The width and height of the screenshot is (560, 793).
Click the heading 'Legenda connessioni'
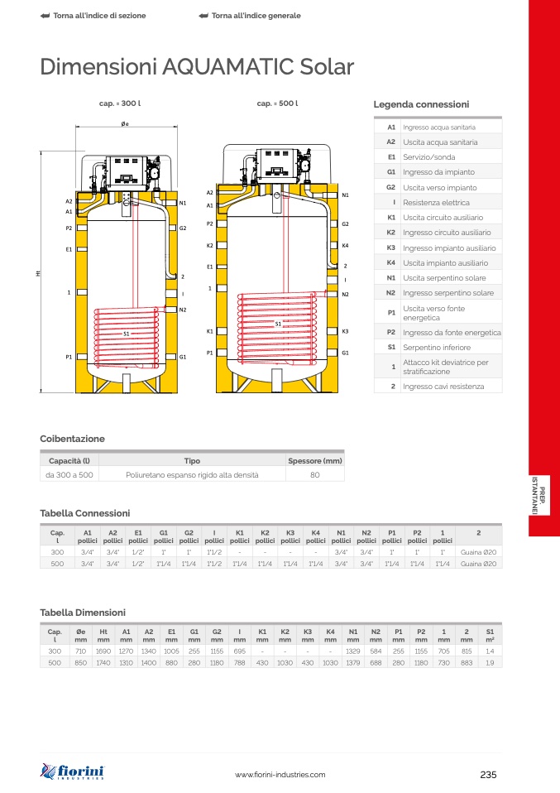tap(421, 105)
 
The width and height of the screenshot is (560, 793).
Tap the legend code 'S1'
tap(391, 347)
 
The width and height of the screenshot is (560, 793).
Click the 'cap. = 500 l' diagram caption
tap(277, 104)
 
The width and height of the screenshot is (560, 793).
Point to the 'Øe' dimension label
tap(125, 123)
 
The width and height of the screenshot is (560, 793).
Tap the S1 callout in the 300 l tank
tap(127, 333)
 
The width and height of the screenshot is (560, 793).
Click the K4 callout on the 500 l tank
tap(345, 246)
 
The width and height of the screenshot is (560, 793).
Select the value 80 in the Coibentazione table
tap(314, 475)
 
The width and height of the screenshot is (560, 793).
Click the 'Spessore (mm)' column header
tap(314, 460)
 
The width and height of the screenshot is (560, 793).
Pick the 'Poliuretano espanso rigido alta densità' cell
tap(192, 475)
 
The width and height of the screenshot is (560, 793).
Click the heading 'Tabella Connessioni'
tap(85, 513)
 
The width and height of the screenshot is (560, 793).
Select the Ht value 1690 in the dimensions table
tap(103, 651)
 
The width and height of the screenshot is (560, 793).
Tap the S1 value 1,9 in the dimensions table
tap(490, 663)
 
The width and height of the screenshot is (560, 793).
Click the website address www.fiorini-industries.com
tap(280, 775)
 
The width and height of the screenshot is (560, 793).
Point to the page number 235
tap(488, 775)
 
